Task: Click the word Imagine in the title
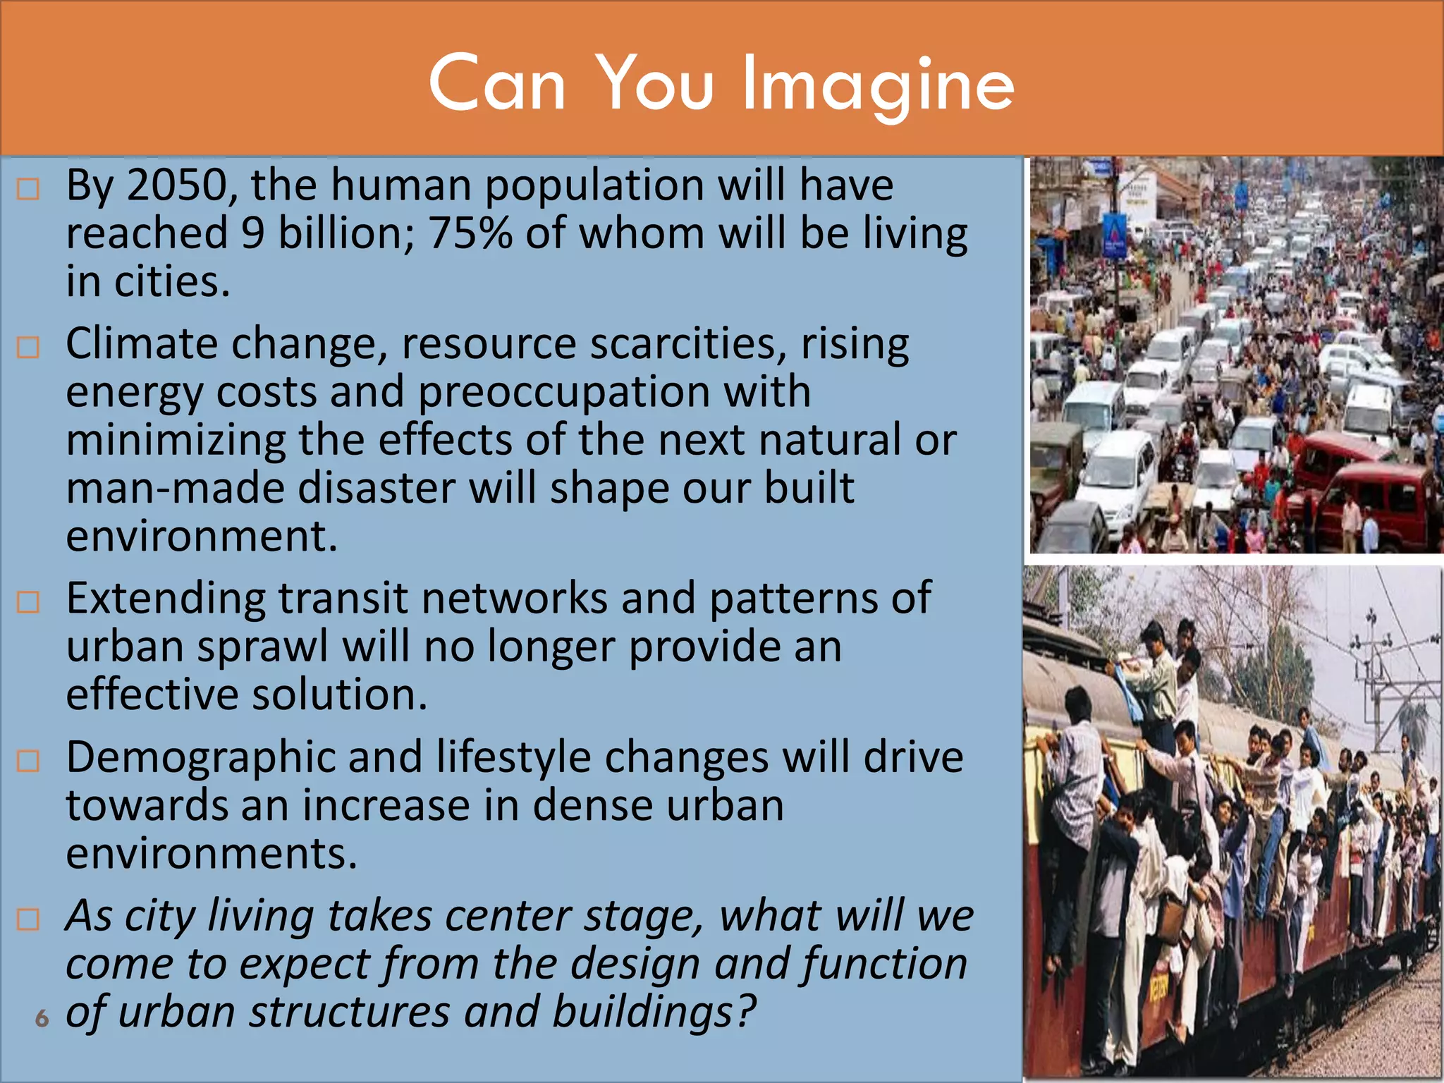point(878,85)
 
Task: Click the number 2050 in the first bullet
point(178,185)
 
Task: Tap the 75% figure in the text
point(470,233)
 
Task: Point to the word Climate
point(142,344)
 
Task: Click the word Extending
point(166,599)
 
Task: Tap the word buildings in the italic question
point(653,1012)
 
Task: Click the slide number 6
point(42,1018)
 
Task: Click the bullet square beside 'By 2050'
point(28,189)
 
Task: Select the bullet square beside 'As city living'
point(28,919)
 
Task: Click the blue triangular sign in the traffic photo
point(1115,233)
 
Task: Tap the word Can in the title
point(497,85)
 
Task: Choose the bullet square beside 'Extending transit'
point(28,602)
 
